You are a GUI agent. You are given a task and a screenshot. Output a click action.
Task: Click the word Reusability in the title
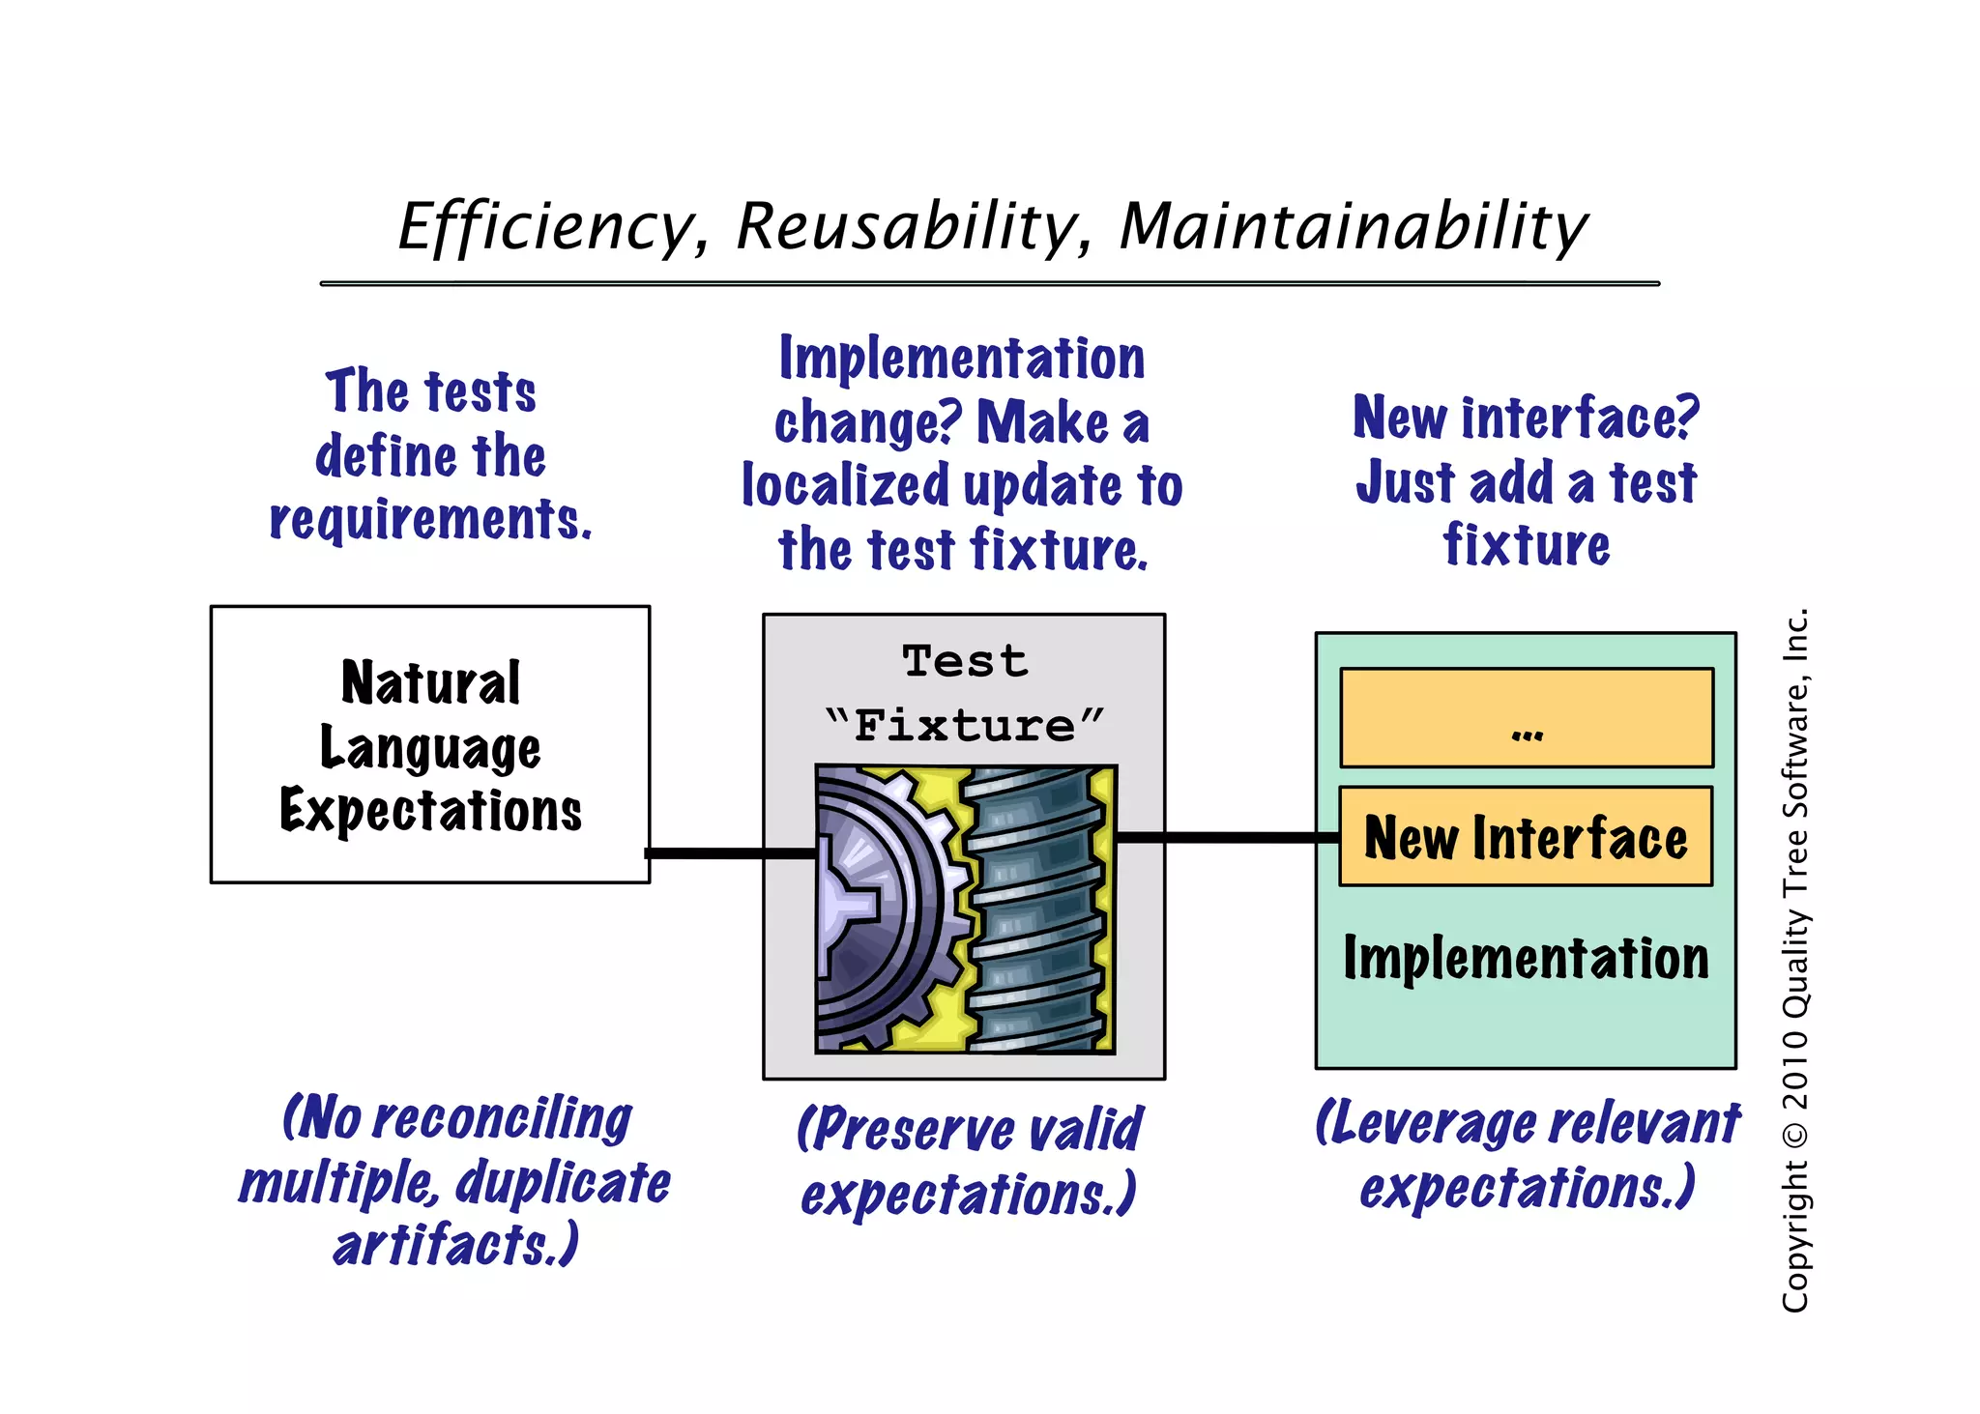tap(907, 227)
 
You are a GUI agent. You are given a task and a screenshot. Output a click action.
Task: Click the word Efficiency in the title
tap(546, 227)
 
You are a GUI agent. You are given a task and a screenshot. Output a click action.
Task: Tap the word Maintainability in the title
tap(1353, 227)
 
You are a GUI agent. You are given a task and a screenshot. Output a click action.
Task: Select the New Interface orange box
tap(1525, 837)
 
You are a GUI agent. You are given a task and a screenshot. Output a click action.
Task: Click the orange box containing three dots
tap(1526, 717)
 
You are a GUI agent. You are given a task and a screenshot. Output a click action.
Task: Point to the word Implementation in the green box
tap(1526, 959)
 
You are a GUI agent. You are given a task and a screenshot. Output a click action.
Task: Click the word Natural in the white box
tap(430, 682)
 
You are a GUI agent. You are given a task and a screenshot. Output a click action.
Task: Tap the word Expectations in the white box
tap(430, 810)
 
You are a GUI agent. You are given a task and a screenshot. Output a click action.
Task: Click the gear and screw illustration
tap(965, 909)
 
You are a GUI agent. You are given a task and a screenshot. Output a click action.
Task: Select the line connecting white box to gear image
tap(730, 853)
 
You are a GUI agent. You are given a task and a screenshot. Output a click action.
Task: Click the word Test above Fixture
tap(965, 662)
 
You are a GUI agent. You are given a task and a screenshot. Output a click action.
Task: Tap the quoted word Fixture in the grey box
tap(965, 725)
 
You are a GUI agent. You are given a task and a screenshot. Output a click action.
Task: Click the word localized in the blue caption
tap(845, 485)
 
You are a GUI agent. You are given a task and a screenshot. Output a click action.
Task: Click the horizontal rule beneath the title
tap(989, 283)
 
